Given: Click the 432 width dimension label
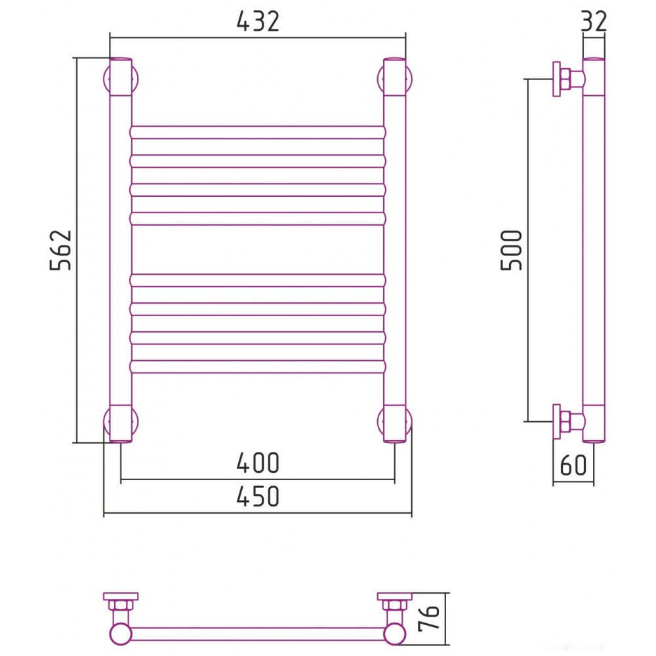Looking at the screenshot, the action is [258, 21].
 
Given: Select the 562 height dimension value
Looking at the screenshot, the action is [61, 250].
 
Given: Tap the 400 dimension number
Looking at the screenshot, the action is [258, 462].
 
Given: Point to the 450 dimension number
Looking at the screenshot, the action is [258, 496].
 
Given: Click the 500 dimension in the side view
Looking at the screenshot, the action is [512, 250].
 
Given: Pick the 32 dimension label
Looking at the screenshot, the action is [594, 21].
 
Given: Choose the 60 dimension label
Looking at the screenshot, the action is [573, 464].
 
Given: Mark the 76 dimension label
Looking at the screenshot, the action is [429, 617].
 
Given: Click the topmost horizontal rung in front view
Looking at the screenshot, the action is [258, 133].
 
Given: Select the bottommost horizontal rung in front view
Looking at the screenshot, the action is [258, 367].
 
